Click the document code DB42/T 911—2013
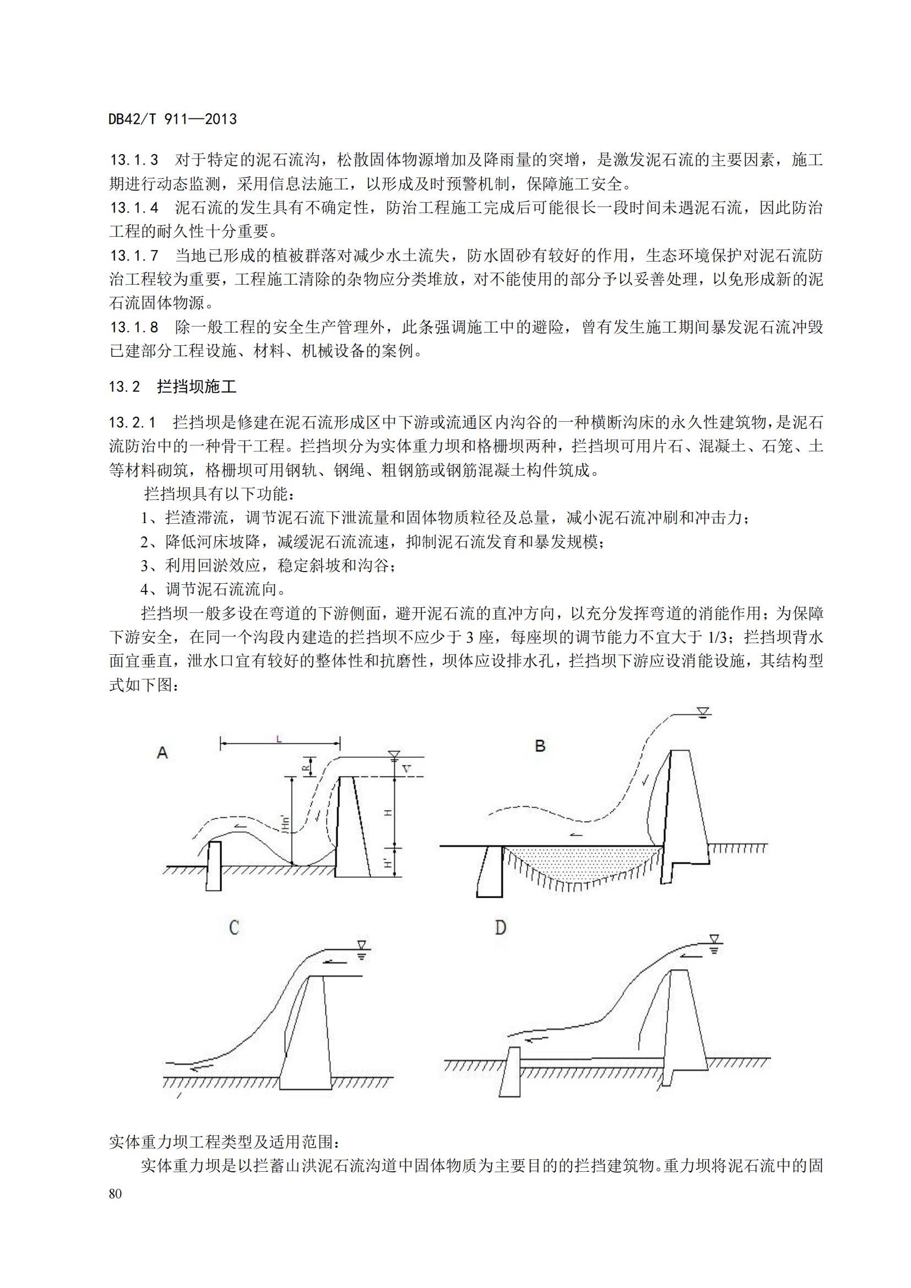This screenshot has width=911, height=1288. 173,119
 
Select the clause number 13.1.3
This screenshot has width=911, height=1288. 134,160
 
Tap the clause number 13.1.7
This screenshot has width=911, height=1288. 134,256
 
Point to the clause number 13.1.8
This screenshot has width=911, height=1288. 134,327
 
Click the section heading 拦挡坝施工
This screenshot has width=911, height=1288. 197,387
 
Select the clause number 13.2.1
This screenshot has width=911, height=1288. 132,422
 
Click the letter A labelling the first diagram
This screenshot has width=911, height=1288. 162,753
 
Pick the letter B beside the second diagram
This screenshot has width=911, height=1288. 540,746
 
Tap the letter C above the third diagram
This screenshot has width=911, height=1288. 234,928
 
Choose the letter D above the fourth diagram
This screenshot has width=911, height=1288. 500,928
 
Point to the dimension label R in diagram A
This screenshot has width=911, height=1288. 306,767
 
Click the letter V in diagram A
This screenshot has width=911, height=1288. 406,769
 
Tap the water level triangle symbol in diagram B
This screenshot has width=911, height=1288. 703,713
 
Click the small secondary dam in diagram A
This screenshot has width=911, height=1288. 214,866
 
